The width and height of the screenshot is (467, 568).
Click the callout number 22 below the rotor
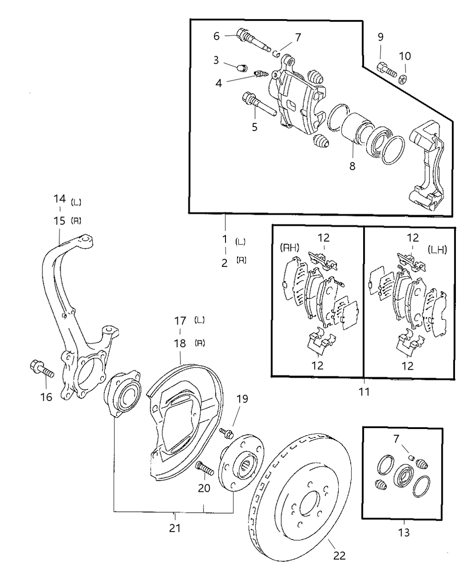[339, 555]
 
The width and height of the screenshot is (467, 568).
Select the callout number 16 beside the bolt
[46, 396]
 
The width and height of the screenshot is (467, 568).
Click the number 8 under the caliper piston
[352, 166]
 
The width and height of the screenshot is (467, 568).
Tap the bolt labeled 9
[386, 69]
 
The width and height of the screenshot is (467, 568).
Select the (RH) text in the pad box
[289, 248]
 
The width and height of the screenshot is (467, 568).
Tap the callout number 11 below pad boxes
[365, 392]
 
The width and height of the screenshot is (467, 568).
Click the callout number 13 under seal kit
[404, 532]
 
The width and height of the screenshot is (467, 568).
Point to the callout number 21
[175, 528]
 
